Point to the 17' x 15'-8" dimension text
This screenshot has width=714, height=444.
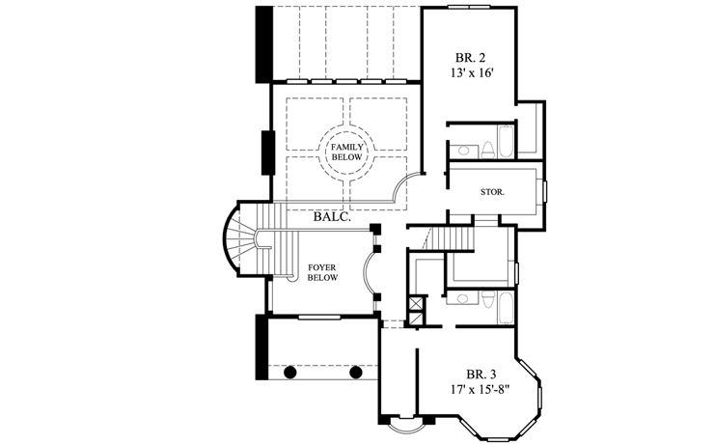click(x=480, y=391)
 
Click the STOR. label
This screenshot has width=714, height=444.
click(x=493, y=192)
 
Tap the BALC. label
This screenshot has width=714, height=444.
click(x=330, y=218)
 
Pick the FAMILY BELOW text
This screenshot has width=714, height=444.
click(x=346, y=151)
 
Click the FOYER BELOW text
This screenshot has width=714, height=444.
click(x=321, y=271)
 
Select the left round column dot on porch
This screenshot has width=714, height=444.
click(x=289, y=371)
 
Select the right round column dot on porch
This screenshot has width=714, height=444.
click(x=355, y=371)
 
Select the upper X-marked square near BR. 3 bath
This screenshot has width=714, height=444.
click(x=417, y=301)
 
